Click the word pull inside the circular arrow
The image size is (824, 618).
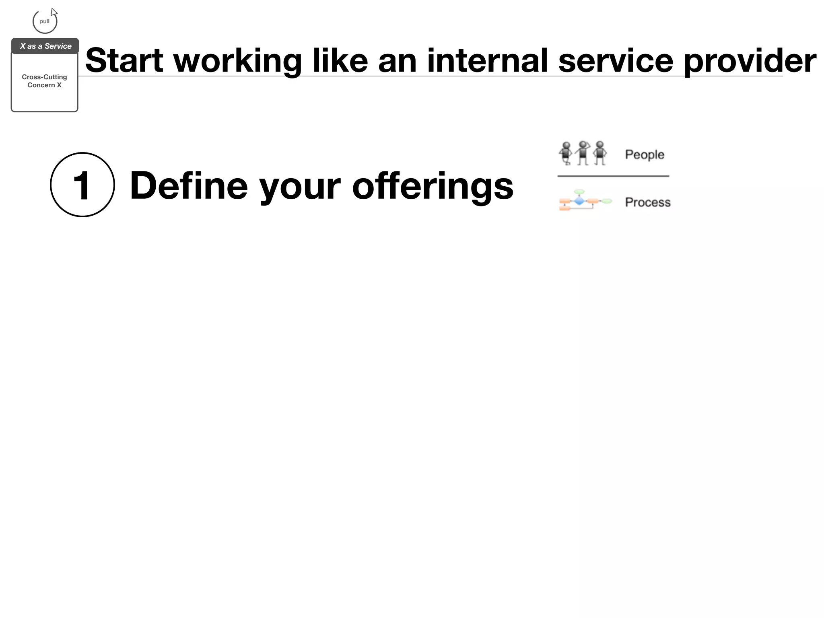pyautogui.click(x=44, y=21)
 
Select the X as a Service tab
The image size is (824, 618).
pyautogui.click(x=45, y=46)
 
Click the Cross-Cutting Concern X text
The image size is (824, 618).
pyautogui.click(x=44, y=81)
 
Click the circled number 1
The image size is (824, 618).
pyautogui.click(x=82, y=185)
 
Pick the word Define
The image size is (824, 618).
pyautogui.click(x=189, y=185)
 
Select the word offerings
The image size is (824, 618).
pyautogui.click(x=433, y=185)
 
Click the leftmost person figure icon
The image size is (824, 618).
pyautogui.click(x=566, y=153)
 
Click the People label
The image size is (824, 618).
pyautogui.click(x=644, y=154)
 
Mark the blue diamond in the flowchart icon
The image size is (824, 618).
pyautogui.click(x=579, y=201)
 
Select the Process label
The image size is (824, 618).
pyautogui.click(x=647, y=202)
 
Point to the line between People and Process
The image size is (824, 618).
pyautogui.click(x=613, y=176)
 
